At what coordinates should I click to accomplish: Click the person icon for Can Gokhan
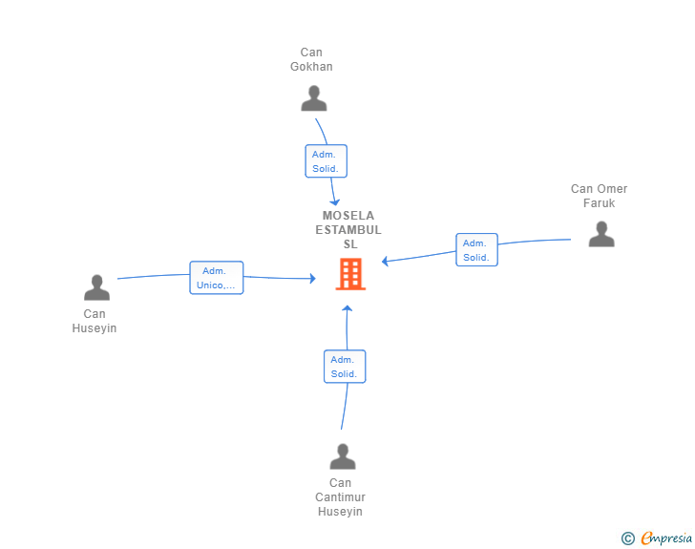[x=314, y=98]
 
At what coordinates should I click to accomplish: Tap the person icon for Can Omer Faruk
[x=601, y=234]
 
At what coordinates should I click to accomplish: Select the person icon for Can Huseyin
[x=96, y=287]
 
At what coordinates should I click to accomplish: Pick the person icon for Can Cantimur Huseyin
[x=343, y=456]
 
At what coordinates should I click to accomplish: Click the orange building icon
[x=350, y=274]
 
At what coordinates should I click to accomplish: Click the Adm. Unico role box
[x=217, y=278]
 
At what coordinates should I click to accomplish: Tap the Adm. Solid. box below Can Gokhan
[x=326, y=161]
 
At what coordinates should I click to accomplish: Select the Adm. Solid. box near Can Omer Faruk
[x=476, y=249]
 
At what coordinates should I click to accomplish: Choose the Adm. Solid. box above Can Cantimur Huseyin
[x=345, y=367]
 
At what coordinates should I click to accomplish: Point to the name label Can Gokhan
[x=311, y=59]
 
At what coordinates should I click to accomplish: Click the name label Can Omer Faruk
[x=599, y=196]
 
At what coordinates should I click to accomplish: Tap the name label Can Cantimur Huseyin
[x=340, y=497]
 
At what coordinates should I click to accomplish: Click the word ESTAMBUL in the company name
[x=348, y=230]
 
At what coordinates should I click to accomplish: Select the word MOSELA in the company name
[x=348, y=216]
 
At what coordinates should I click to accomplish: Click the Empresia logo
[x=666, y=538]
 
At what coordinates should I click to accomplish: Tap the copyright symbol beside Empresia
[x=627, y=538]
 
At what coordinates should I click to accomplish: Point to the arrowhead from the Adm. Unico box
[x=313, y=279]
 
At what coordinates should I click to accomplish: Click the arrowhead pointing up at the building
[x=347, y=308]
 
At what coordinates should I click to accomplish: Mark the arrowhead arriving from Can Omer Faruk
[x=385, y=262]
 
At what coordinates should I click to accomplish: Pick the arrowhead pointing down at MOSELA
[x=335, y=202]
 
